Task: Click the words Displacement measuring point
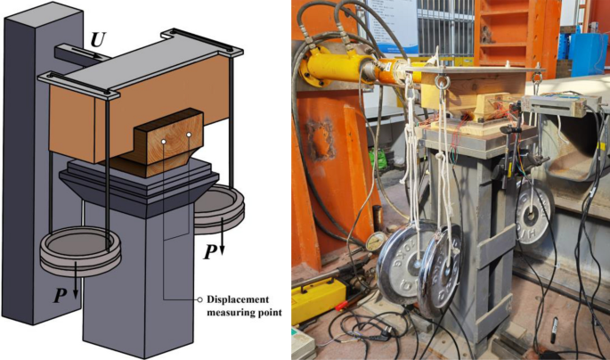click(239, 305)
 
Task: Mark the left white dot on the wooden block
click(164, 142)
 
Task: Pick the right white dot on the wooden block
click(190, 136)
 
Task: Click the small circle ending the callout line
click(198, 299)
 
